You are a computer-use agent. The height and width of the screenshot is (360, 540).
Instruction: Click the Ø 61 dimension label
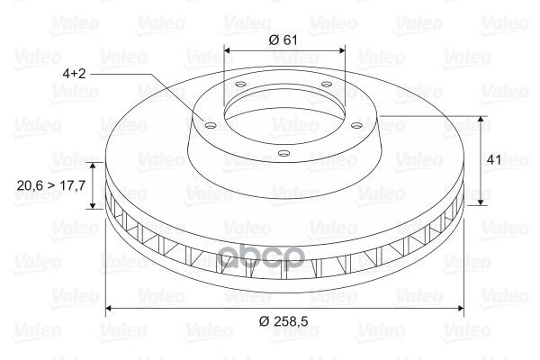click(x=283, y=40)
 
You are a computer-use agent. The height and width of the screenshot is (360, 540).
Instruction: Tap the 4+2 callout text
click(x=74, y=74)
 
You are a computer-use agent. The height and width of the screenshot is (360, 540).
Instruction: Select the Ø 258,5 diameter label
click(x=283, y=321)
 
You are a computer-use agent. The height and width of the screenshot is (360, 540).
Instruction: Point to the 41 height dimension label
click(x=494, y=160)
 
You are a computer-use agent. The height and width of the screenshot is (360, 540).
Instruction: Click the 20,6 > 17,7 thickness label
click(x=51, y=185)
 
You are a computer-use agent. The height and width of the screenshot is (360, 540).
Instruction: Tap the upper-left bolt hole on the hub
click(x=240, y=84)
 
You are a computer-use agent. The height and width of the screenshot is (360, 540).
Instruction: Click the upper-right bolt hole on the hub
click(x=326, y=84)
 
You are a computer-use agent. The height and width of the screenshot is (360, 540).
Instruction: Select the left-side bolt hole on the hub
click(x=210, y=125)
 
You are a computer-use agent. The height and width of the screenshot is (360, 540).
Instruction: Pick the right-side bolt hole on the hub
click(x=357, y=125)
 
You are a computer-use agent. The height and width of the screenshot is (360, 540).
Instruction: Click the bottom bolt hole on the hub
click(x=283, y=153)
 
